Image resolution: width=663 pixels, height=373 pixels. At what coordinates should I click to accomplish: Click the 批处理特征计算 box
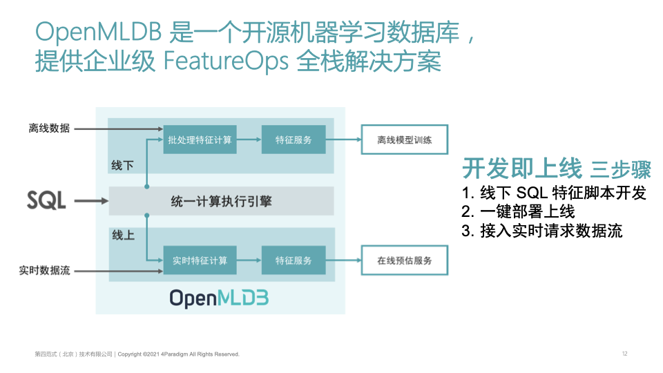[200, 140]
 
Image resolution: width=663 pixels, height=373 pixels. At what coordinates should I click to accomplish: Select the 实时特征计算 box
[200, 260]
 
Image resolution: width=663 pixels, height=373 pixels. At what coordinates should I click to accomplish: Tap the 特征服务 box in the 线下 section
[294, 140]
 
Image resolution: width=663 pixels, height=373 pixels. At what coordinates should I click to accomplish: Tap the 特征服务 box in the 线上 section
[294, 260]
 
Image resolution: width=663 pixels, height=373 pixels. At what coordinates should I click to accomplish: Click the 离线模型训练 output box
[405, 140]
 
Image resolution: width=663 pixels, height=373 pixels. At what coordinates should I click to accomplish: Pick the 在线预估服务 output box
[405, 260]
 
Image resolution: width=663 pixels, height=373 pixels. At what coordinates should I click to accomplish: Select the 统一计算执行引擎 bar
[221, 201]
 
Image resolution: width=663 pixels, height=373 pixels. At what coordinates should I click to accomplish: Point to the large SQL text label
[46, 201]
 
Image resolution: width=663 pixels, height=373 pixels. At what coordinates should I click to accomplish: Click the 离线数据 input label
[49, 128]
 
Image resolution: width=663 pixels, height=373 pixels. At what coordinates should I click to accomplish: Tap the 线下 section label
[122, 166]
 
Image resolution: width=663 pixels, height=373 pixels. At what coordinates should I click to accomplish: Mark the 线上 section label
[123, 236]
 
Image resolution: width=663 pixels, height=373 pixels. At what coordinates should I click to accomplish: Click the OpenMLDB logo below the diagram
[219, 298]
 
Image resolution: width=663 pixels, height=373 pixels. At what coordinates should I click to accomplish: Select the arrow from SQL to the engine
[91, 201]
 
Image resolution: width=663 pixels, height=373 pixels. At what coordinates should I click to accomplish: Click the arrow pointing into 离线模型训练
[344, 140]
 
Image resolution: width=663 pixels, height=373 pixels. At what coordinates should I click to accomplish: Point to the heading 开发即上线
[517, 169]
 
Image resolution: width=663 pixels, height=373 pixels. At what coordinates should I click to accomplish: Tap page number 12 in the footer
[624, 354]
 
